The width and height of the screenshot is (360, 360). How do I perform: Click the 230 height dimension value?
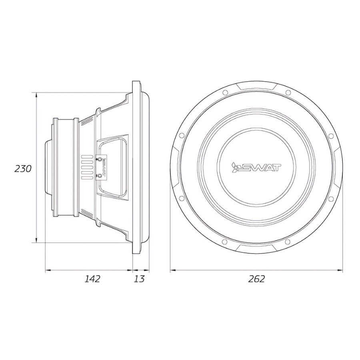click(x=23, y=169)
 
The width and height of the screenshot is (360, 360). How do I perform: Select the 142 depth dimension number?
click(x=92, y=279)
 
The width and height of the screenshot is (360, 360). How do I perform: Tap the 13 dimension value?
click(x=139, y=279)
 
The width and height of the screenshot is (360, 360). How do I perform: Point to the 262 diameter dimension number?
click(x=256, y=279)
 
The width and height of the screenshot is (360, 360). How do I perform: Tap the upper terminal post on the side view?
click(x=100, y=159)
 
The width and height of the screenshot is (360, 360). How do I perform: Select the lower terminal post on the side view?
click(x=100, y=176)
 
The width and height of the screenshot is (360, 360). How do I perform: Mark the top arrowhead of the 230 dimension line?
click(x=36, y=95)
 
